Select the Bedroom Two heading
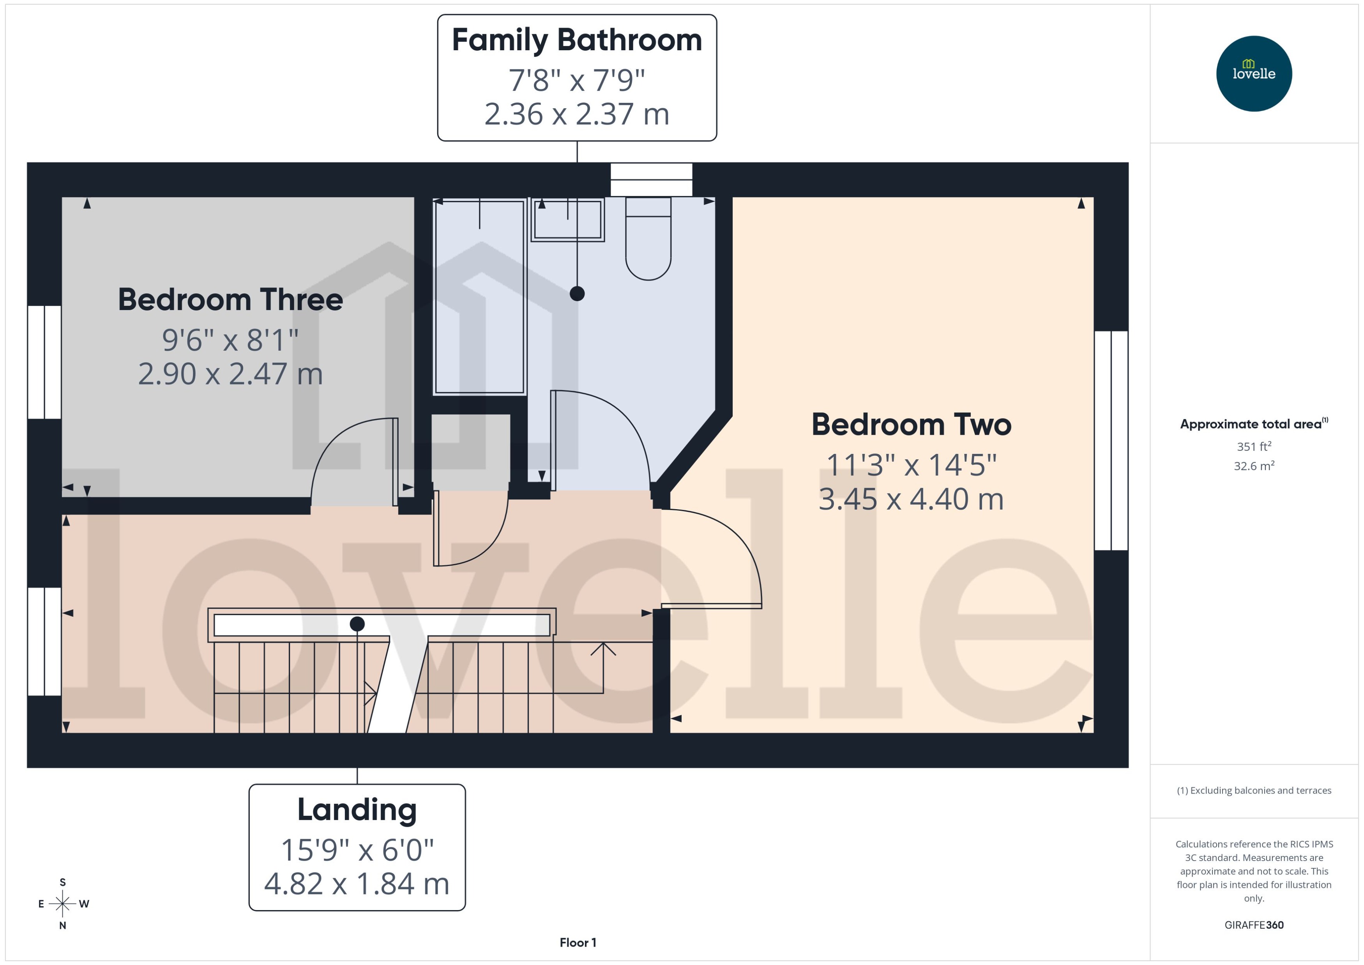click(x=911, y=425)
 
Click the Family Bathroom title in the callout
click(x=576, y=41)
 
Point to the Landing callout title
click(x=357, y=809)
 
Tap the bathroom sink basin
click(x=567, y=220)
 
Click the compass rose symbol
click(x=62, y=904)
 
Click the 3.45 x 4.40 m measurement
click(x=911, y=499)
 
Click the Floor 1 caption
click(x=577, y=942)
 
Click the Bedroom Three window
click(x=44, y=362)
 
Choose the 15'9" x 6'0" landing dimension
click(x=357, y=850)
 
